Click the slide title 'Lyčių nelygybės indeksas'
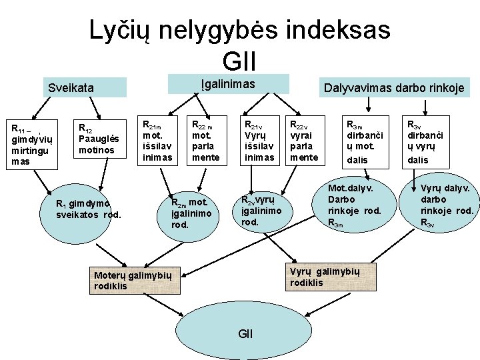tap(240, 30)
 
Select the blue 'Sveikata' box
tap(83, 87)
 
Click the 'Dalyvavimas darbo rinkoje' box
tap(393, 87)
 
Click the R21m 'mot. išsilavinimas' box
tap(158, 140)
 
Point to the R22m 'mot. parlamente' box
tap(206, 140)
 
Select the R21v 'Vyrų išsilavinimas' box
tap(259, 140)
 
